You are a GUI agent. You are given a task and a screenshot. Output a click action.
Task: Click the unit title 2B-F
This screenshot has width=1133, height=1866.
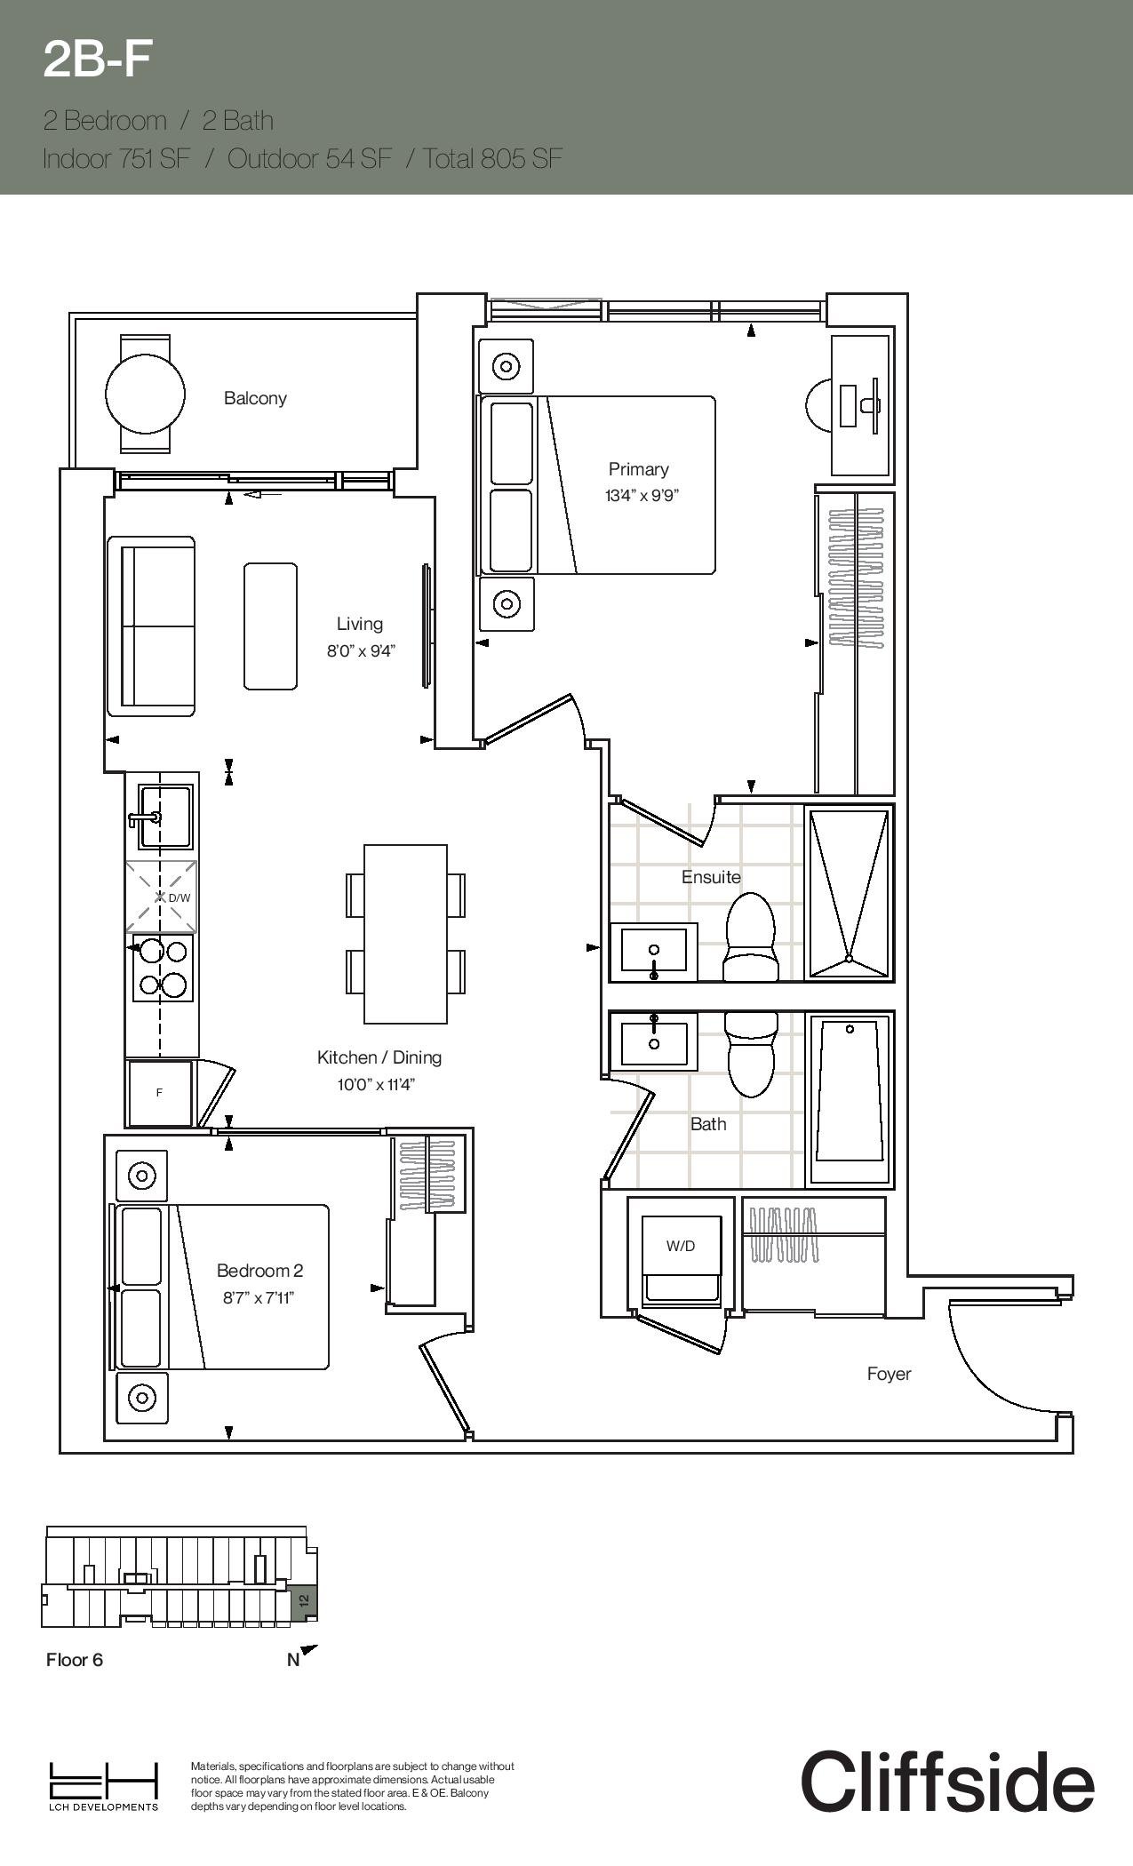(x=98, y=60)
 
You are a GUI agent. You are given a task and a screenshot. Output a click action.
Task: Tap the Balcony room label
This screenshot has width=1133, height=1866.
(x=255, y=398)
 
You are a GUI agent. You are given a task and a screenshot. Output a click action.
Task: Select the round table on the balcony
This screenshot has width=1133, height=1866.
(x=145, y=394)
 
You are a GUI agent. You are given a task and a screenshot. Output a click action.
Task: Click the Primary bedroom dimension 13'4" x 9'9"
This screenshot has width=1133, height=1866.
(x=642, y=496)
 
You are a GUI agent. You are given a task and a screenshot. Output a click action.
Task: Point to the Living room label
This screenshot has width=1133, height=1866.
(x=359, y=624)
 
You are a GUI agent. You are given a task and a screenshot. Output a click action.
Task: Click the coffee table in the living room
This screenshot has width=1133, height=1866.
(x=270, y=626)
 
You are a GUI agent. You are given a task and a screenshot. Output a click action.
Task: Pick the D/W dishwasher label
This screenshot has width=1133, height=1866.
(x=179, y=897)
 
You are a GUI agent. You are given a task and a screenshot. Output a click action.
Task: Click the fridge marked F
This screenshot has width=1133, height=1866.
(x=160, y=1093)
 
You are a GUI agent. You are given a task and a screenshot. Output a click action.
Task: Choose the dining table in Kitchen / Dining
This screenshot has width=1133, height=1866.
(x=405, y=934)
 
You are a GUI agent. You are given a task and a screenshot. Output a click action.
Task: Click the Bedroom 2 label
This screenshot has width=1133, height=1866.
(x=259, y=1271)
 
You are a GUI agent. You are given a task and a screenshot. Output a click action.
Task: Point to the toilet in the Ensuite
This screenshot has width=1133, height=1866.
(x=751, y=937)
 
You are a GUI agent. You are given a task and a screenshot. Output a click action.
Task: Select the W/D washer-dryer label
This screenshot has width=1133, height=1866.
(x=681, y=1246)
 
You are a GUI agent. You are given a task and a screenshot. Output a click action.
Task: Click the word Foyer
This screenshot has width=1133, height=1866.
(x=889, y=1374)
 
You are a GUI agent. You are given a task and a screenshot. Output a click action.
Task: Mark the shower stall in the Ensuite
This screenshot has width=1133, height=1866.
(x=849, y=892)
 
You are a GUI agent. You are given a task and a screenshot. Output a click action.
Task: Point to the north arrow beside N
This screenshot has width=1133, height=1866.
(x=308, y=1653)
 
